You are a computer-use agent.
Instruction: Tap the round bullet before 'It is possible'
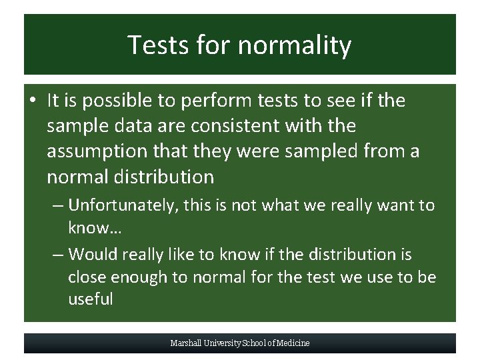click(x=33, y=101)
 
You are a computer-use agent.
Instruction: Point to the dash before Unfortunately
click(x=59, y=205)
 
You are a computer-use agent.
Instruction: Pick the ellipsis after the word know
click(x=113, y=228)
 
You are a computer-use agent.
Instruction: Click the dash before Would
click(x=59, y=255)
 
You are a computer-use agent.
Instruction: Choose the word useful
click(x=90, y=299)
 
